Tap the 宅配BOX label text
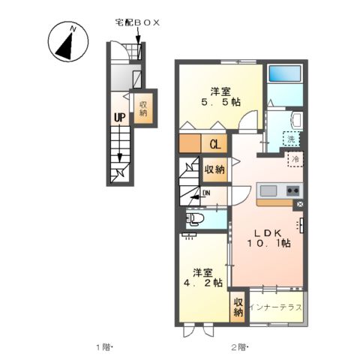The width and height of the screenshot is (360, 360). [136, 23]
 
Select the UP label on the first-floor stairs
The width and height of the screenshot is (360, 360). [119, 117]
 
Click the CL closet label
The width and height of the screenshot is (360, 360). [214, 144]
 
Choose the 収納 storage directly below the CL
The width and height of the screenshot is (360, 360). [214, 169]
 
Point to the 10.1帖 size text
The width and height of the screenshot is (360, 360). [269, 244]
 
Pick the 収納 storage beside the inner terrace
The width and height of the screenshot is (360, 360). [238, 307]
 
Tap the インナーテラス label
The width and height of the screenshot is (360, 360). [276, 308]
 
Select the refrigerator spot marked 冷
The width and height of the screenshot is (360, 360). [295, 160]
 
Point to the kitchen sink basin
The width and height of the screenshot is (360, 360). [269, 189]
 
